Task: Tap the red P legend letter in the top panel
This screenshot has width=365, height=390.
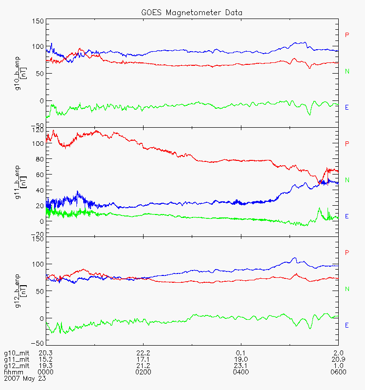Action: tap(347, 35)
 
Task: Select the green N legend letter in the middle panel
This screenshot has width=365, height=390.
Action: tap(347, 180)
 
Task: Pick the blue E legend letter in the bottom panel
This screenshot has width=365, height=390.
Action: tap(347, 325)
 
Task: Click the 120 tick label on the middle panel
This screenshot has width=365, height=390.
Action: tap(37, 131)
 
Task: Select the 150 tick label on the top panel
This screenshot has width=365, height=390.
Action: tap(37, 21)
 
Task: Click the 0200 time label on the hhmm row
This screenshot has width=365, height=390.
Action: tap(143, 372)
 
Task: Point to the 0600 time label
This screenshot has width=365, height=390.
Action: tap(338, 372)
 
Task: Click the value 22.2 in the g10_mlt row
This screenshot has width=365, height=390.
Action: tap(143, 353)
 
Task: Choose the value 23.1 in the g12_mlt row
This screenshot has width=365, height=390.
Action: tap(240, 366)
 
